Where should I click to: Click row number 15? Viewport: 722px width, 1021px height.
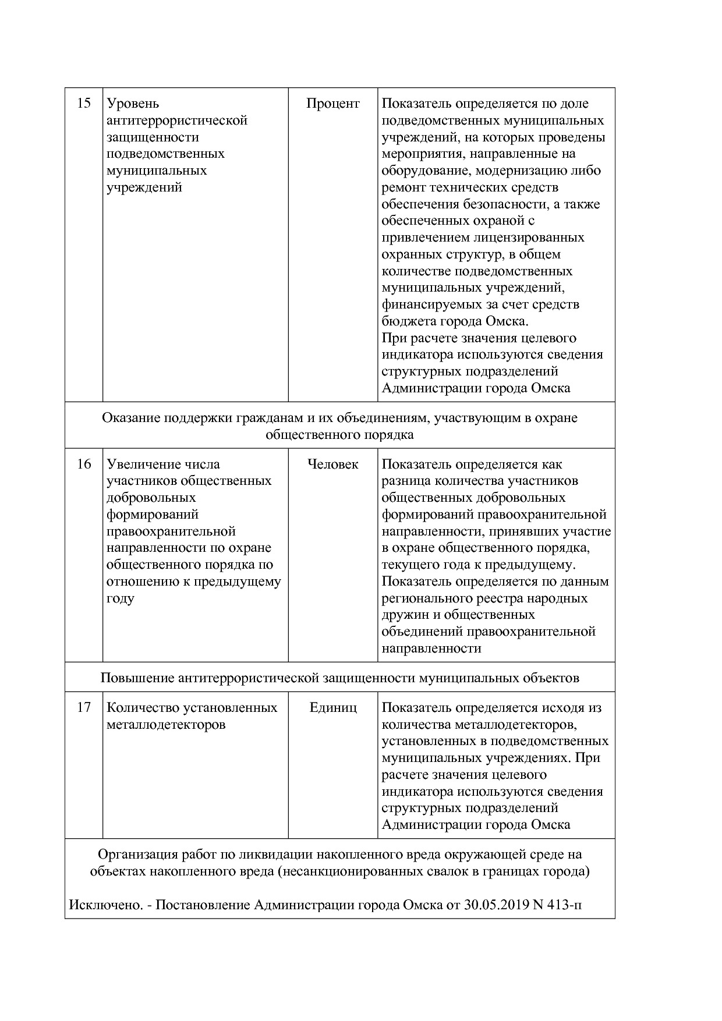(84, 104)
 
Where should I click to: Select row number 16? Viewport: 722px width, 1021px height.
(84, 465)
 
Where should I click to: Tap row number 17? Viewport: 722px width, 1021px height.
(84, 707)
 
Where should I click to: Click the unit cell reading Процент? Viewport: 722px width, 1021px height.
(333, 104)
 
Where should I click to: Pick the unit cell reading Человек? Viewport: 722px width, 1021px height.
(333, 465)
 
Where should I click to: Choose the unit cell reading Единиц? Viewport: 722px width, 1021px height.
(333, 708)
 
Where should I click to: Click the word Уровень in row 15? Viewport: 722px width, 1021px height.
(133, 104)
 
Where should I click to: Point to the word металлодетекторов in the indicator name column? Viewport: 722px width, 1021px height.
(166, 725)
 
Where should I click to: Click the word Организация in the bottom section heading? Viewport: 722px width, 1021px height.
(137, 855)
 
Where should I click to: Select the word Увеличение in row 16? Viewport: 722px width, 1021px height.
(143, 465)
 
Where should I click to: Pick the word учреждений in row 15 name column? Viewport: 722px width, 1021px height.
(144, 187)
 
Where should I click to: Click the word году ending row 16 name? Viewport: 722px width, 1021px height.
(121, 599)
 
